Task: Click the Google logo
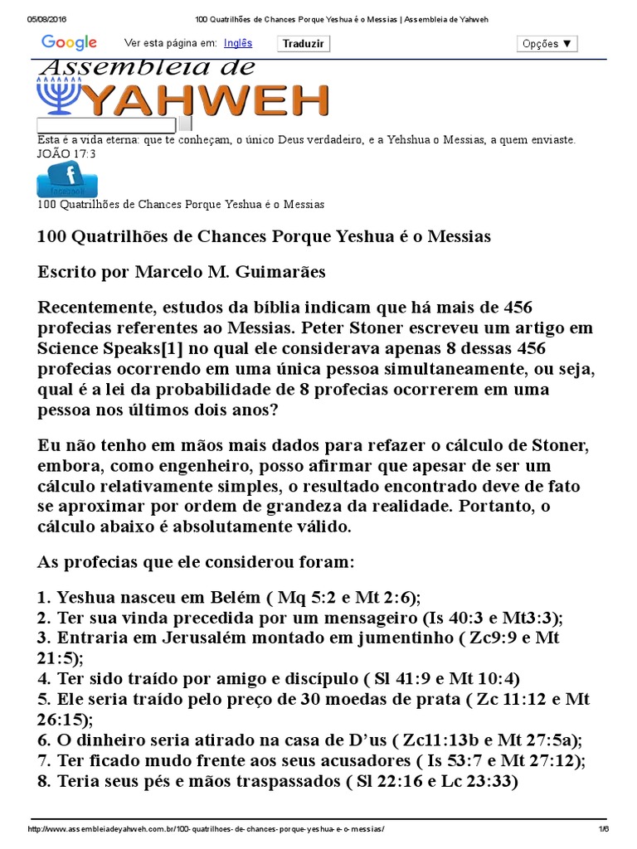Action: click(69, 42)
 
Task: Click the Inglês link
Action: click(238, 43)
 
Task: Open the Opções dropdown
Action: click(547, 44)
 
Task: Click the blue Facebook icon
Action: click(67, 179)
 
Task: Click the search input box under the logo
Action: click(106, 125)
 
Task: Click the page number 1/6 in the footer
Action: click(604, 829)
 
